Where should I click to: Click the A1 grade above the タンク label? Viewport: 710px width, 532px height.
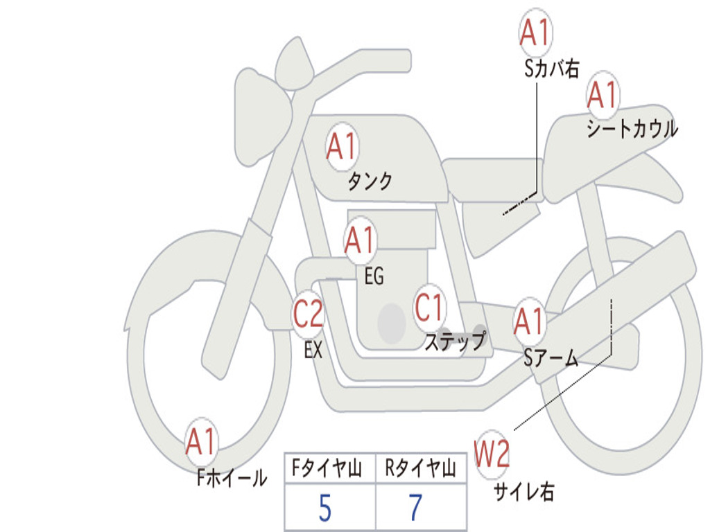pos(343,147)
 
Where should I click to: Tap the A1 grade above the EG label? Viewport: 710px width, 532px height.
pos(360,240)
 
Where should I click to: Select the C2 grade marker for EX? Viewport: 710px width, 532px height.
pos(308,314)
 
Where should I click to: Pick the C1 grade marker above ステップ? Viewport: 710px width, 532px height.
pos(428,308)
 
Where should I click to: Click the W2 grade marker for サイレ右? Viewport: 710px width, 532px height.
pos(492,454)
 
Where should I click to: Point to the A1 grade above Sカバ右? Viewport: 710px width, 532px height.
pos(536,33)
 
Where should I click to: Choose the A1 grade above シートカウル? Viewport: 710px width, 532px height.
pos(603,95)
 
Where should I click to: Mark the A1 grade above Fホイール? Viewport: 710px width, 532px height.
pos(201,441)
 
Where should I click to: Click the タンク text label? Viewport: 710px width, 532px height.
pos(370,181)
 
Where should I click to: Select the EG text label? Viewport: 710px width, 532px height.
pos(374,276)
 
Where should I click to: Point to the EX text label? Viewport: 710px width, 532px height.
pos(313,350)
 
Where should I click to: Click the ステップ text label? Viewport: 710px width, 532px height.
pos(456,341)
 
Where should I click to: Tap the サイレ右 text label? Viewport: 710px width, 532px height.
pos(524,492)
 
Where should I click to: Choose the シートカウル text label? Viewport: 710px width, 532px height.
pos(632,128)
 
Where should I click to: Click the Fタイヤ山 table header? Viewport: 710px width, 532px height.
pos(327,468)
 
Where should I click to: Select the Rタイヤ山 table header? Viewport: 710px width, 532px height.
pos(421,468)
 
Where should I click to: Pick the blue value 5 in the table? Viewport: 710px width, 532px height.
pos(325,508)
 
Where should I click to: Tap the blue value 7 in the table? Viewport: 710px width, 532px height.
pos(416,508)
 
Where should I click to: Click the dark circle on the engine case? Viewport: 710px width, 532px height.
pos(392,323)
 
